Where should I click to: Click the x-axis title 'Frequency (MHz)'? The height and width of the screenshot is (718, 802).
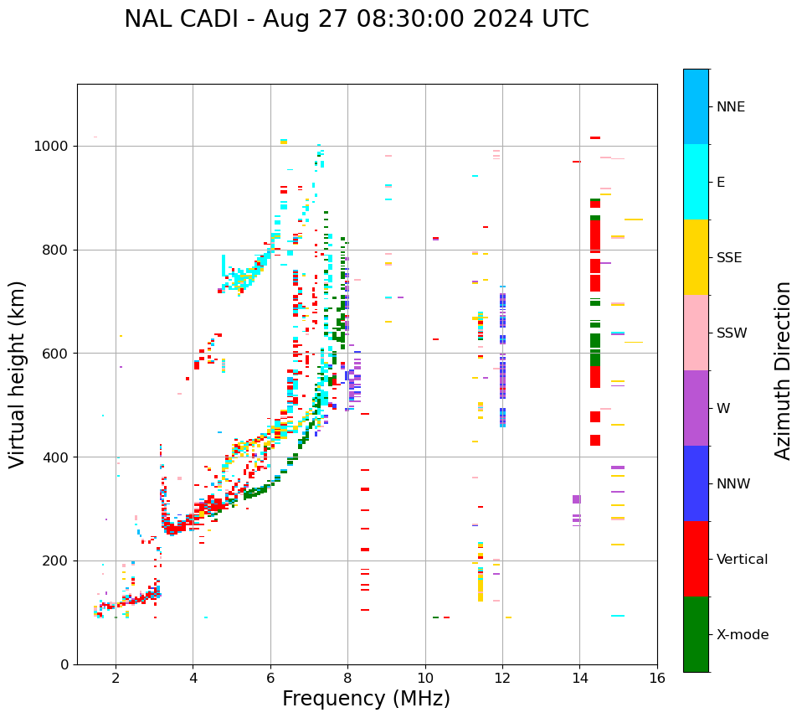366,699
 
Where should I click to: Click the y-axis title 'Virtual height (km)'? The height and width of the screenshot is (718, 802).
18,374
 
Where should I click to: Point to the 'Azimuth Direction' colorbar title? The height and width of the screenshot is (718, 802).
783,370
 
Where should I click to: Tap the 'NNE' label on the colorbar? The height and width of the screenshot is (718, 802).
730,107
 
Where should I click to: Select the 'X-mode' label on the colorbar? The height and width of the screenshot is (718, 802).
742,635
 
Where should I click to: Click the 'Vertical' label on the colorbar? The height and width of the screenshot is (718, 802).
742,560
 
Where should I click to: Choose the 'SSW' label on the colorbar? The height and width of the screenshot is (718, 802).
732,333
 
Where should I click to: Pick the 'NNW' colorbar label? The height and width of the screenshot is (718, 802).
733,484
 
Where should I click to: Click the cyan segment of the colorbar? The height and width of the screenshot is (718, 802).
696,182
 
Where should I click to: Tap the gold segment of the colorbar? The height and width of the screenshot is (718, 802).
696,257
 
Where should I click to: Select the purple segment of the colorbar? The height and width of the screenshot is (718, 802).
696,408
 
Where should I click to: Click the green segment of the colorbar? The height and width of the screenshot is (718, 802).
696,634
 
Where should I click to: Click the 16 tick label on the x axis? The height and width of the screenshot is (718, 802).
657,678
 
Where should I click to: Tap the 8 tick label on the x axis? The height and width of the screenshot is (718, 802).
347,678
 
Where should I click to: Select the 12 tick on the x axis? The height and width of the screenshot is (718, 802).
502,678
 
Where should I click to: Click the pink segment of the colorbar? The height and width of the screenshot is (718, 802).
696,333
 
